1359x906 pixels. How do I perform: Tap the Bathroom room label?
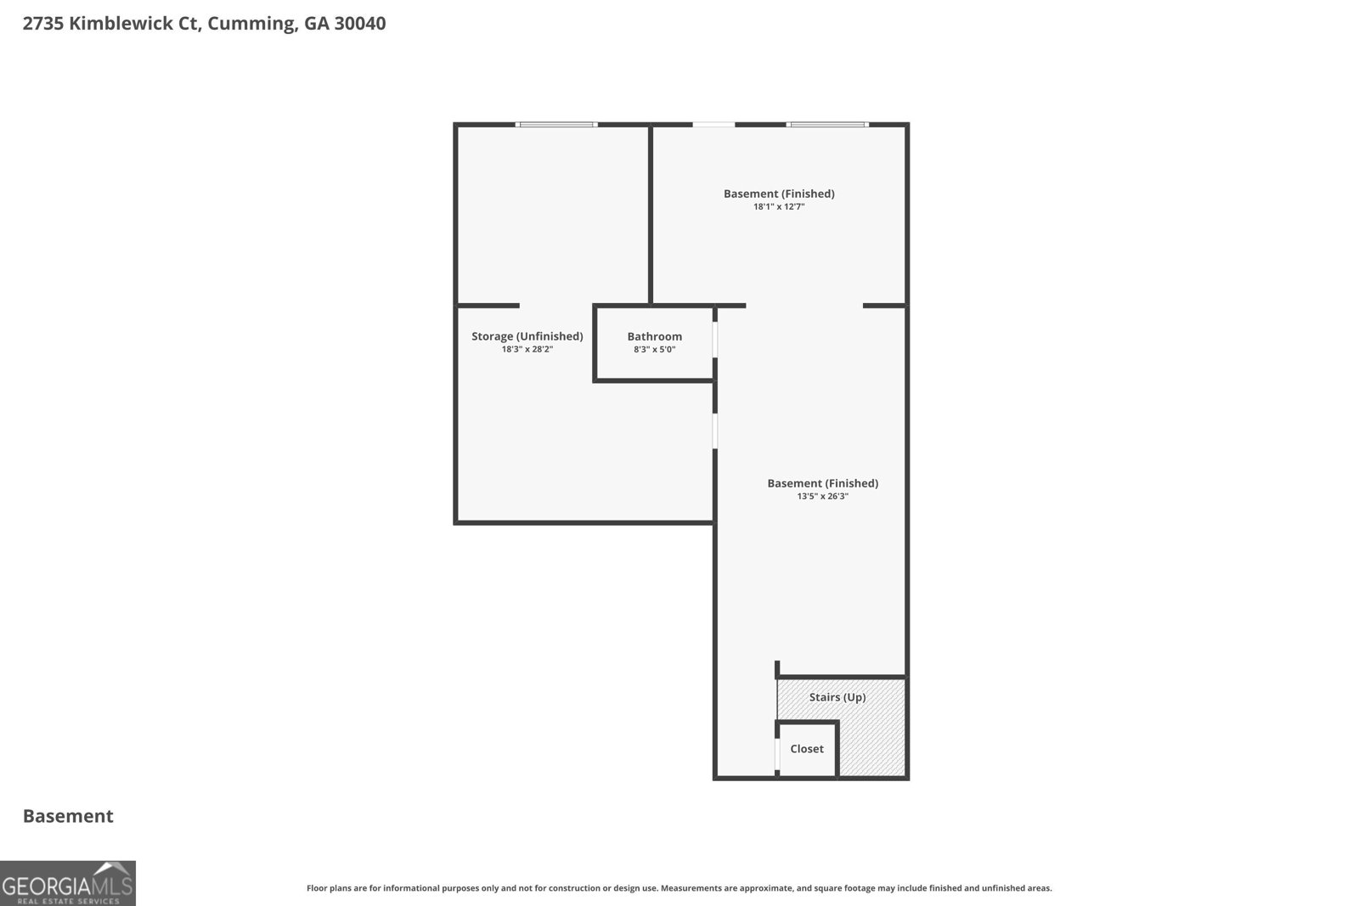click(x=655, y=336)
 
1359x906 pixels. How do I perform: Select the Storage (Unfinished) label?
click(x=527, y=336)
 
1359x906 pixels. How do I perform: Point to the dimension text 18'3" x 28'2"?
click(x=527, y=349)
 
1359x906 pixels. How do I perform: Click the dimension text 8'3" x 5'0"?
click(x=655, y=349)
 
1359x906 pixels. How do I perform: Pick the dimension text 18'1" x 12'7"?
click(x=779, y=207)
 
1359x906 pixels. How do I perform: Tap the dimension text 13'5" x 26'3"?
click(x=823, y=497)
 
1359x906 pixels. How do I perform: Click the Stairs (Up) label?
click(x=837, y=697)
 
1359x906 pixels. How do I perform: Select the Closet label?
click(x=807, y=749)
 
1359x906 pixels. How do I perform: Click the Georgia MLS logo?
click(x=68, y=883)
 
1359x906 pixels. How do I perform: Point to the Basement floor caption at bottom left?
click(x=68, y=816)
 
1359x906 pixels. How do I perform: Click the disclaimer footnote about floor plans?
click(x=679, y=888)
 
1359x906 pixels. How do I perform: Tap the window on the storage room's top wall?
click(x=556, y=125)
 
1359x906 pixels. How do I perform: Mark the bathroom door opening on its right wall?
click(x=715, y=340)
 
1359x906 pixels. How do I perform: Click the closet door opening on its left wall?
click(x=777, y=754)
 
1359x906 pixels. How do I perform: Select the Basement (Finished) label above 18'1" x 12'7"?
click(x=779, y=194)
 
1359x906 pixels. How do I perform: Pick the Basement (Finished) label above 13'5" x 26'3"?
click(x=823, y=483)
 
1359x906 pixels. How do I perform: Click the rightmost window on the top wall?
click(x=827, y=125)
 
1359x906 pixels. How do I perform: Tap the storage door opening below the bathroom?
click(x=715, y=431)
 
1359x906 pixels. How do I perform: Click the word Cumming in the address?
click(x=252, y=24)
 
